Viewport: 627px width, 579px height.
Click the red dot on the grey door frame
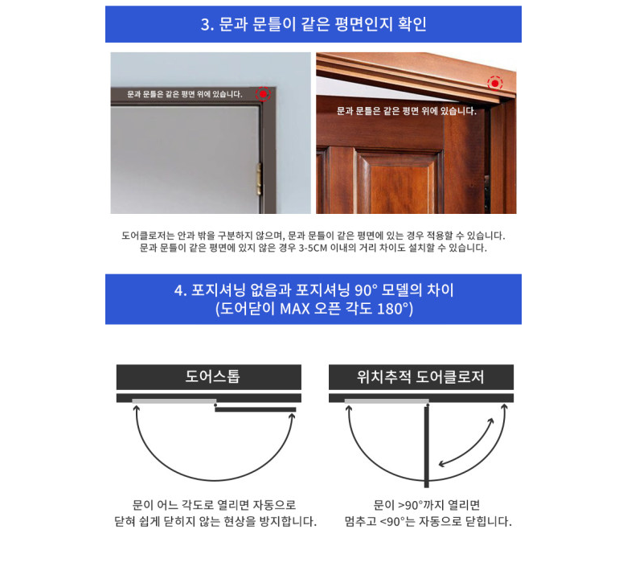click(263, 94)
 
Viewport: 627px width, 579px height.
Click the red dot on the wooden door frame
click(495, 83)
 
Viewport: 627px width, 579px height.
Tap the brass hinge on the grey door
click(259, 179)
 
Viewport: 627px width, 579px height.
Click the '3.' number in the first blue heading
click(207, 25)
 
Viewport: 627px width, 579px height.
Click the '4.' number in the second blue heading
click(181, 290)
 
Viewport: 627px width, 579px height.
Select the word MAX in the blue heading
click(294, 309)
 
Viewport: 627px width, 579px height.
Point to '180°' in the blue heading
click(393, 309)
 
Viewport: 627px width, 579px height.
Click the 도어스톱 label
click(212, 376)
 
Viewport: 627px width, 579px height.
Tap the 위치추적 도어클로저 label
click(420, 376)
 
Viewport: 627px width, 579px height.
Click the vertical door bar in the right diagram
click(427, 446)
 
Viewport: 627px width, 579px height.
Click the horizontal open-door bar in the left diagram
click(256, 409)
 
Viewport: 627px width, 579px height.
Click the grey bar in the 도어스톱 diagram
click(174, 401)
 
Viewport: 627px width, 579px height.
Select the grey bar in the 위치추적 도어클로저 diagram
click(387, 401)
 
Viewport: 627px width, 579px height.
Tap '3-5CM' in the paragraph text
click(313, 248)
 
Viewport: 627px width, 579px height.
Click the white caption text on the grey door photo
click(185, 94)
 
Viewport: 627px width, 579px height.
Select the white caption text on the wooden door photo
click(407, 111)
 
